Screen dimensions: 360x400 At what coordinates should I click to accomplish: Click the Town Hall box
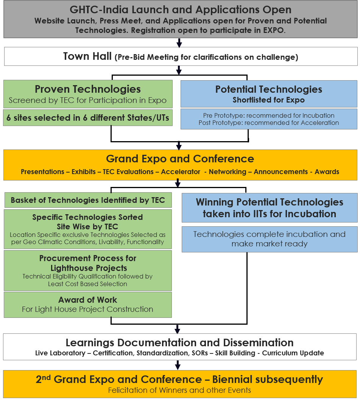pyautogui.click(x=181, y=56)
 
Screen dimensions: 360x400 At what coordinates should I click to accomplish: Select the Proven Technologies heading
pyautogui.click(x=88, y=89)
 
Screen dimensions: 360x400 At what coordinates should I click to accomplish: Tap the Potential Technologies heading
pyautogui.click(x=269, y=89)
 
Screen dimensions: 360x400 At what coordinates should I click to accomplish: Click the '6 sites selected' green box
pyautogui.click(x=88, y=118)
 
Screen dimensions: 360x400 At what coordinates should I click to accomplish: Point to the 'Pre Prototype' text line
pyautogui.click(x=269, y=115)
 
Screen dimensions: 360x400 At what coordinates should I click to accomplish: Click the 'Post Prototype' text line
pyautogui.click(x=269, y=123)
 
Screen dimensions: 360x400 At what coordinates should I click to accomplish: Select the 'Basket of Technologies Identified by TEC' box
pyautogui.click(x=88, y=200)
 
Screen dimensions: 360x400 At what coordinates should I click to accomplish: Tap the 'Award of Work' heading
pyautogui.click(x=88, y=300)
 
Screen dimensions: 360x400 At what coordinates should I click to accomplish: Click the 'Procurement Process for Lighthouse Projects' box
pyautogui.click(x=88, y=271)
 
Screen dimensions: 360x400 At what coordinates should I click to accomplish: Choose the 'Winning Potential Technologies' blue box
pyautogui.click(x=270, y=208)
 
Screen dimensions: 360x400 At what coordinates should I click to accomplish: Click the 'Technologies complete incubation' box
pyautogui.click(x=270, y=239)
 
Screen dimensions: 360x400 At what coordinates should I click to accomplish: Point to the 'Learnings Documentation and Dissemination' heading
pyautogui.click(x=179, y=342)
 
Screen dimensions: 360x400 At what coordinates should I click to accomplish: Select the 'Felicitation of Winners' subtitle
pyautogui.click(x=179, y=390)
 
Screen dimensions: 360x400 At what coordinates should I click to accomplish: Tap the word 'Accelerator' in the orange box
pyautogui.click(x=181, y=172)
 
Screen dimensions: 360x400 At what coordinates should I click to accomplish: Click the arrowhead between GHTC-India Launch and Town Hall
pyautogui.click(x=179, y=44)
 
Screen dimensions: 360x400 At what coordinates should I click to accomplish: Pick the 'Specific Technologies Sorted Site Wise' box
pyautogui.click(x=88, y=229)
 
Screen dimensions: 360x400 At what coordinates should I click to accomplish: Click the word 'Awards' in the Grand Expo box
pyautogui.click(x=327, y=172)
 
